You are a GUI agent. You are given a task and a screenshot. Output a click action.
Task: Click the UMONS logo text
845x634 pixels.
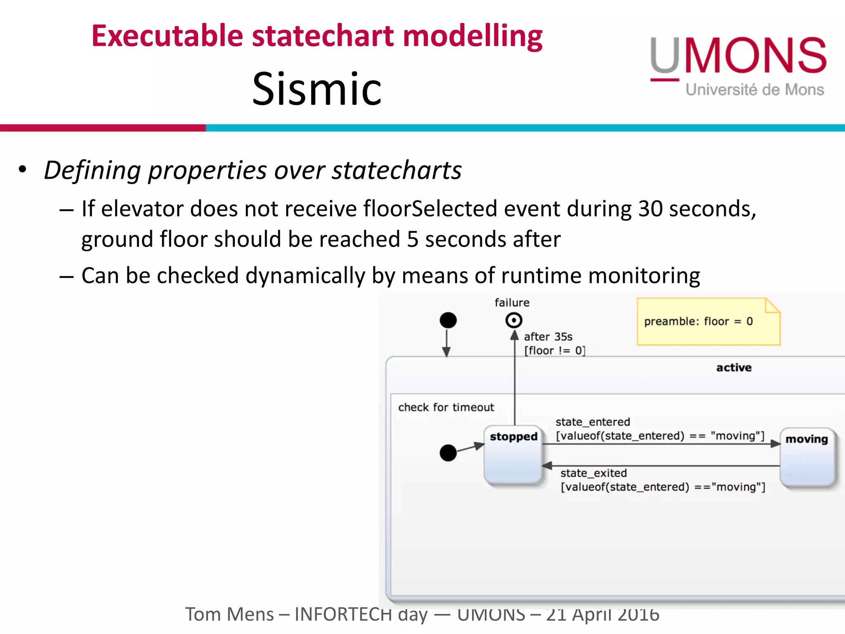(738, 56)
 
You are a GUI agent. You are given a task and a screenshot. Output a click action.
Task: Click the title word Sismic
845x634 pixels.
(316, 89)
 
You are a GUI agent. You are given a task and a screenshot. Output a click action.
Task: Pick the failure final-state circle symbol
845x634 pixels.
(514, 320)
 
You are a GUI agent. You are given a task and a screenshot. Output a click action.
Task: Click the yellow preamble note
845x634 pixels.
(708, 322)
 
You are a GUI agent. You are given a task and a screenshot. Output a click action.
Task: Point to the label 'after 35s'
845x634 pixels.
(548, 337)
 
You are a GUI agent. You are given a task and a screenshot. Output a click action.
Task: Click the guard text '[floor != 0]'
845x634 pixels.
(555, 351)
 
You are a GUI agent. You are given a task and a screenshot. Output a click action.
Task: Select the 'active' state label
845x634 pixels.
(734, 368)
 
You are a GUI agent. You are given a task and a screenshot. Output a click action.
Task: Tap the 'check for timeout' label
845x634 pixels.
(446, 407)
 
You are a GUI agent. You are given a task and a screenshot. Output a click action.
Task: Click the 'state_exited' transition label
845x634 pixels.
(593, 473)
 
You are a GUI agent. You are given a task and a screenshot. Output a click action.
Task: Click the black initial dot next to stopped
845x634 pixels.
(448, 453)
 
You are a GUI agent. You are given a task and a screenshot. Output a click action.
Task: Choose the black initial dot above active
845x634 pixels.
(448, 320)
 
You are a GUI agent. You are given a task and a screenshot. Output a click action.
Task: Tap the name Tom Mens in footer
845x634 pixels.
(229, 614)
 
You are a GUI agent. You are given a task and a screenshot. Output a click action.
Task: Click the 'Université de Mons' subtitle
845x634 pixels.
(755, 90)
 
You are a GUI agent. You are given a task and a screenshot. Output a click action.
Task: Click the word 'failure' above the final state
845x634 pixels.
(512, 303)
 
